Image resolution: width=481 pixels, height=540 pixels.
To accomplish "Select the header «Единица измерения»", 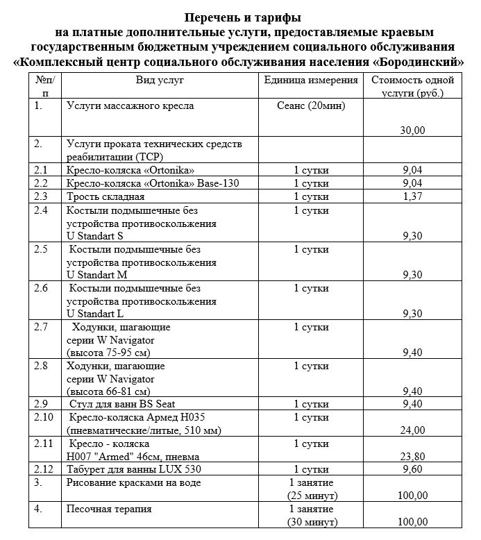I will (x=311, y=81).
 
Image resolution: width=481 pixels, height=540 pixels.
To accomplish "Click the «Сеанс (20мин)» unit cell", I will (x=311, y=106).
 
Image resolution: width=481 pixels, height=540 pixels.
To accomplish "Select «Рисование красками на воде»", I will (x=133, y=482).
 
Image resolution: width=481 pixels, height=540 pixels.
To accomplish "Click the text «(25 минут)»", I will (x=312, y=496).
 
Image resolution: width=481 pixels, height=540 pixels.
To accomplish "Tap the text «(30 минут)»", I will (x=312, y=522).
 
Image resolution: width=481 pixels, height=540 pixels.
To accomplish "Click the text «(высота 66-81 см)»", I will (x=108, y=390).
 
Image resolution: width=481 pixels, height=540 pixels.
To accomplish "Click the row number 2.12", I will (x=44, y=469).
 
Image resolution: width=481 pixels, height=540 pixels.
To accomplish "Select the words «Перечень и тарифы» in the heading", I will (x=239, y=16).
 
